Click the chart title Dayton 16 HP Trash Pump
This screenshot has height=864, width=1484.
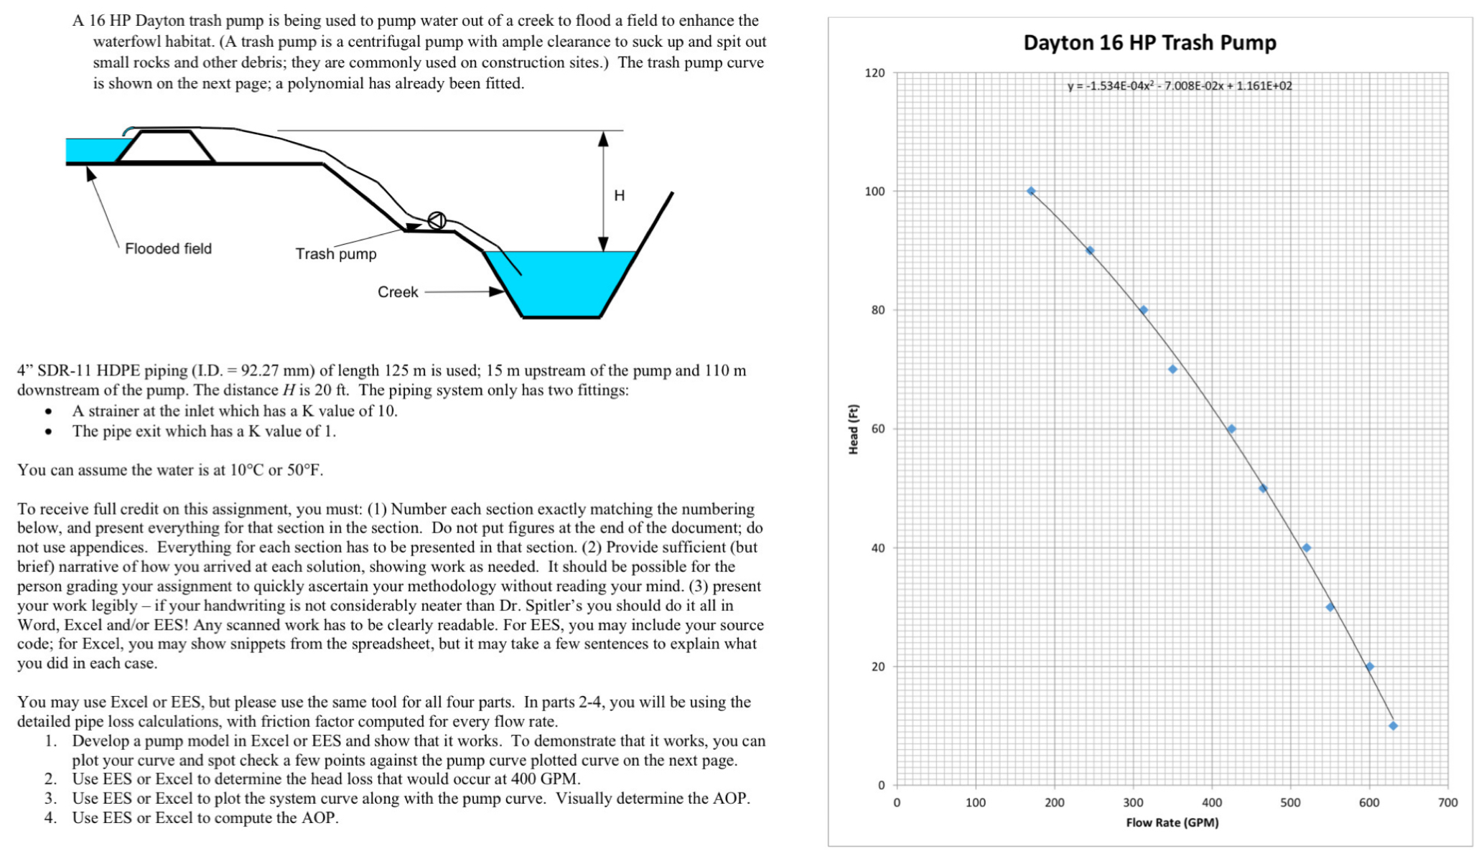click(1149, 43)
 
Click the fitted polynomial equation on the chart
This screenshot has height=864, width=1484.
click(1180, 86)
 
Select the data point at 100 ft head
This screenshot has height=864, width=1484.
click(1031, 191)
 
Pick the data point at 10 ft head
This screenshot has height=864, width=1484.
click(1393, 726)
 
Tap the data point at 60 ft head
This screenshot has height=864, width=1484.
click(1231, 429)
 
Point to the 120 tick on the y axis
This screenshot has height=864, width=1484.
click(874, 72)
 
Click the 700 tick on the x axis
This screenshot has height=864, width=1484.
click(1447, 803)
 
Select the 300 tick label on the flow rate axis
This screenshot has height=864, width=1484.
click(1133, 803)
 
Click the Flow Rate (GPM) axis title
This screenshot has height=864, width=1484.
click(1172, 822)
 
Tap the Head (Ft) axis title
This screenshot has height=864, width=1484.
click(854, 429)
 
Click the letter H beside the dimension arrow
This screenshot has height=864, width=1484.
click(619, 195)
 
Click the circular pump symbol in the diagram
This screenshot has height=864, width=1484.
click(437, 220)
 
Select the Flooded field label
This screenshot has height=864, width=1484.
click(168, 248)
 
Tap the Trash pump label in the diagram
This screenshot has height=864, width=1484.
click(335, 254)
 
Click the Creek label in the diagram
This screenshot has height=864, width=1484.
click(398, 292)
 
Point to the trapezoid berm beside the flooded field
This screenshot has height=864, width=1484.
click(166, 147)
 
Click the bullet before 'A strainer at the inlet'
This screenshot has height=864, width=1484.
click(48, 412)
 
